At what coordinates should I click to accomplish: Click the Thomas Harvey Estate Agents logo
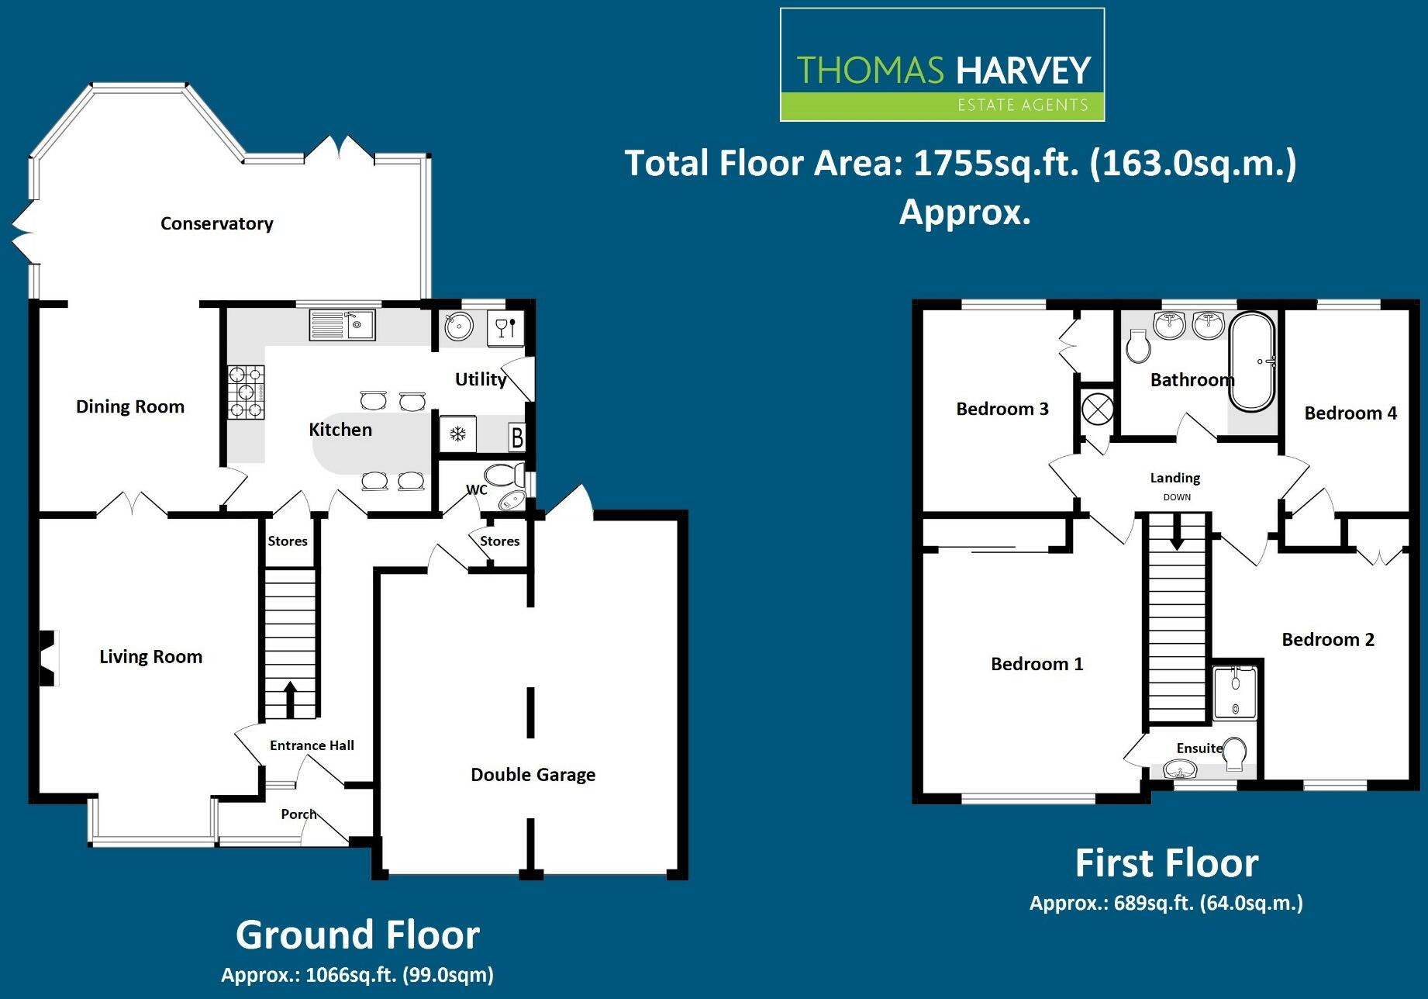(942, 64)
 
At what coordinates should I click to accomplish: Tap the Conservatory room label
(217, 223)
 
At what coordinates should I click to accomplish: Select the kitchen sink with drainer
(342, 324)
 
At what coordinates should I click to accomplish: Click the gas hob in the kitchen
(247, 392)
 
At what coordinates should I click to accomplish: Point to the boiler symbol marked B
(516, 437)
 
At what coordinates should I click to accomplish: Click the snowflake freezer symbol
(457, 434)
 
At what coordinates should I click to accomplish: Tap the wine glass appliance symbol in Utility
(505, 328)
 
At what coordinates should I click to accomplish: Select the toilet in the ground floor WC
(505, 473)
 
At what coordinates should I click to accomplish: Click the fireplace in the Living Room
(49, 658)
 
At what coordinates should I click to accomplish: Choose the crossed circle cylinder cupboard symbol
(1097, 409)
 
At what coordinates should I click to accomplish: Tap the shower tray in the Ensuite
(1233, 692)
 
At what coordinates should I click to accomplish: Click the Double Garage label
(533, 775)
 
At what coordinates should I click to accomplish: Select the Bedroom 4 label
(1350, 413)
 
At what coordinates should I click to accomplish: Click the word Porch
(298, 814)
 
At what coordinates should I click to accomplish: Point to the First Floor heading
(1167, 863)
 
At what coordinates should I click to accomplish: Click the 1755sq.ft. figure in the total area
(996, 164)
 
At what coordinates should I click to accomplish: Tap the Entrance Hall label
(312, 745)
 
